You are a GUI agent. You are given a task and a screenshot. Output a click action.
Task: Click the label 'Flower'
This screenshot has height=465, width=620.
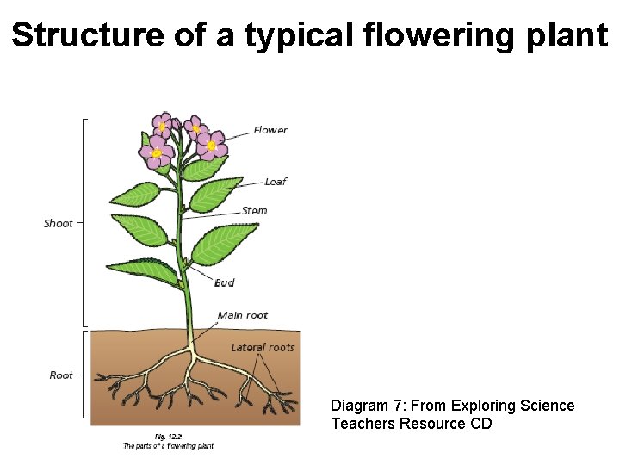pyautogui.click(x=270, y=131)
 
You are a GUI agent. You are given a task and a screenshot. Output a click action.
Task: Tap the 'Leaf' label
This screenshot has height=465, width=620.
pyautogui.click(x=276, y=182)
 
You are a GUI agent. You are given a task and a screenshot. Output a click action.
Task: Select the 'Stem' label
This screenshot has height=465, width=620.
pyautogui.click(x=254, y=211)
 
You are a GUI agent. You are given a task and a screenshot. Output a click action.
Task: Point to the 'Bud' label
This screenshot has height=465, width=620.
pyautogui.click(x=225, y=282)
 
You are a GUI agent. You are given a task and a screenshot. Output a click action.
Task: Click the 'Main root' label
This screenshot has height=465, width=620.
pyautogui.click(x=243, y=315)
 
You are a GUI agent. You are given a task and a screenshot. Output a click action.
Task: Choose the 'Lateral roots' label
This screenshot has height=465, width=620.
pyautogui.click(x=263, y=348)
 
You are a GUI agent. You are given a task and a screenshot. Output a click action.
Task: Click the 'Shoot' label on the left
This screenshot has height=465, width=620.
pyautogui.click(x=59, y=224)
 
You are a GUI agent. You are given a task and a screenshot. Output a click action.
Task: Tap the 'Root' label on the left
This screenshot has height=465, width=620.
pyautogui.click(x=61, y=375)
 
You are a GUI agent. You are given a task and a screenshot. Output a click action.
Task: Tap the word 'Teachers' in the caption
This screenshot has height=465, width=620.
pyautogui.click(x=363, y=424)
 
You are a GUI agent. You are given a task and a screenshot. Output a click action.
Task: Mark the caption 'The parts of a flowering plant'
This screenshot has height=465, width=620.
pyautogui.click(x=168, y=446)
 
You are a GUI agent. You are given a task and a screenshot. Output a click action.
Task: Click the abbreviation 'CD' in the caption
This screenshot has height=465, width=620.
pyautogui.click(x=481, y=424)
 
